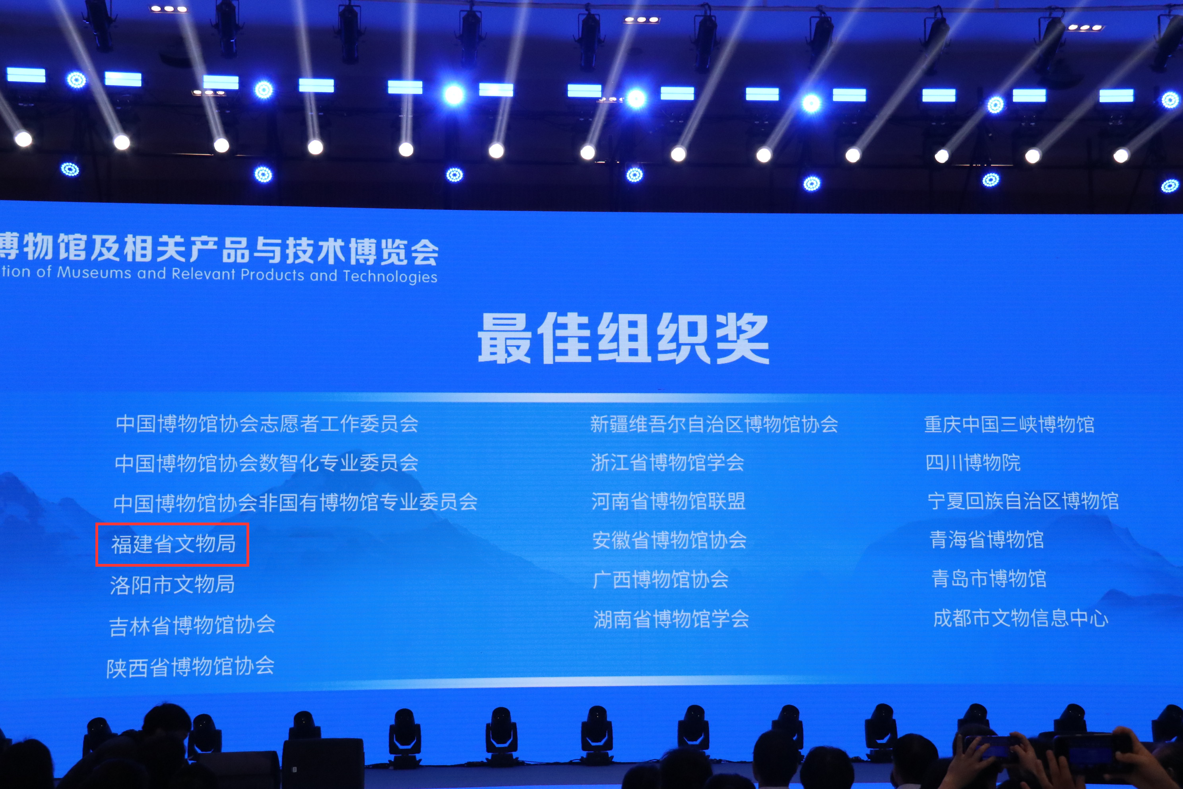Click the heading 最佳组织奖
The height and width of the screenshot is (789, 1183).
coord(623,338)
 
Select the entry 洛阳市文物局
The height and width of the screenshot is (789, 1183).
coord(173,585)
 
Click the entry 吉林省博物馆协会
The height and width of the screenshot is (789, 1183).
coord(192,626)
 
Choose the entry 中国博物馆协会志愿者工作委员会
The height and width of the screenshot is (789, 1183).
coord(267,424)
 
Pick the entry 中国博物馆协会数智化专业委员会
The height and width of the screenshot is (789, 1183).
coord(267,463)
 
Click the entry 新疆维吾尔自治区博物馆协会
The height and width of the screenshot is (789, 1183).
coord(714,424)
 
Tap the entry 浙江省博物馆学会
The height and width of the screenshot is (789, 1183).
coord(667,463)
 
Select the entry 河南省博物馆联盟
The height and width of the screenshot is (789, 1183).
coord(669,501)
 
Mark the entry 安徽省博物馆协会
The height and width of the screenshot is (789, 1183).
coord(669,540)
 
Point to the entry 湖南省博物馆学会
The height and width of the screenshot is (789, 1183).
coord(671,618)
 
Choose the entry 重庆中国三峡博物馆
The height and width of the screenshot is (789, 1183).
coord(1009,424)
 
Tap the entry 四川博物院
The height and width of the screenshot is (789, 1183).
coord(973,463)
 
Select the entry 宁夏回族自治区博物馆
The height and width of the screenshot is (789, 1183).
coord(1023,501)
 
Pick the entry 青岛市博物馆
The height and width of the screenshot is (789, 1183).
coord(989,579)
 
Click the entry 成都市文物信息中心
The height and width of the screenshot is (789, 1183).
coord(1020,618)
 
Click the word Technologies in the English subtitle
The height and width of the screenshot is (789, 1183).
coord(390,277)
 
